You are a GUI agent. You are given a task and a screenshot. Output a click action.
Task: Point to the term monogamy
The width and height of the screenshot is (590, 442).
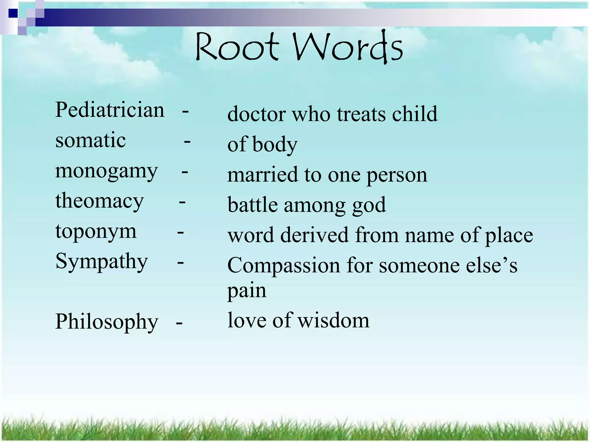tap(106, 172)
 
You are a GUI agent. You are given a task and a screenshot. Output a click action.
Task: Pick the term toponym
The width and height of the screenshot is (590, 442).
tap(96, 232)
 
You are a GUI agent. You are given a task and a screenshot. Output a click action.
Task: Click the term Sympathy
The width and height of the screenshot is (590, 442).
tap(101, 262)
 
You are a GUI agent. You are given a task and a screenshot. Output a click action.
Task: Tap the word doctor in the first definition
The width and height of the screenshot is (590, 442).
tap(256, 114)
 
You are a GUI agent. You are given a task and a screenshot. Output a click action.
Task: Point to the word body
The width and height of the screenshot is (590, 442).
tap(275, 145)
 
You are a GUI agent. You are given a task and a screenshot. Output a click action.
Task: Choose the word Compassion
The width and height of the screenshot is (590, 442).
tap(283, 265)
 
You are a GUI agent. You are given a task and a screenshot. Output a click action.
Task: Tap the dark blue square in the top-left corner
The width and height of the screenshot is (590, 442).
tap(13, 13)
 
